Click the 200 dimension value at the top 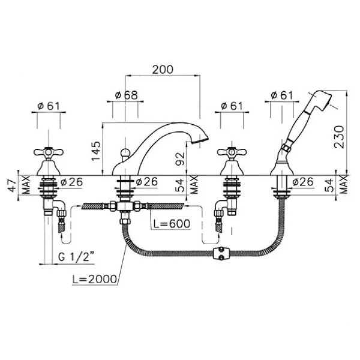[x=163, y=70]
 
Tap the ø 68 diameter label [x=127, y=95]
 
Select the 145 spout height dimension [x=97, y=151]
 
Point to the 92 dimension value [x=180, y=159]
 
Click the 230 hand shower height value [x=340, y=137]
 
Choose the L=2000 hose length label [x=95, y=279]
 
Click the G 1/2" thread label [x=76, y=257]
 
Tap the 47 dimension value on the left [x=13, y=186]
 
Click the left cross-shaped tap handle [x=49, y=152]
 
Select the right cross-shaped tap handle [x=232, y=152]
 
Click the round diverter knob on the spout [x=125, y=152]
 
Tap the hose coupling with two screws [x=221, y=253]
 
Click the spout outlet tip [x=199, y=140]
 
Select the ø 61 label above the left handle [x=49, y=106]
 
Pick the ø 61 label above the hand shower [x=282, y=95]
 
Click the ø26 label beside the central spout [x=147, y=182]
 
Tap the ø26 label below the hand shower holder [x=303, y=182]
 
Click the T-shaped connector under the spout [x=124, y=206]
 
